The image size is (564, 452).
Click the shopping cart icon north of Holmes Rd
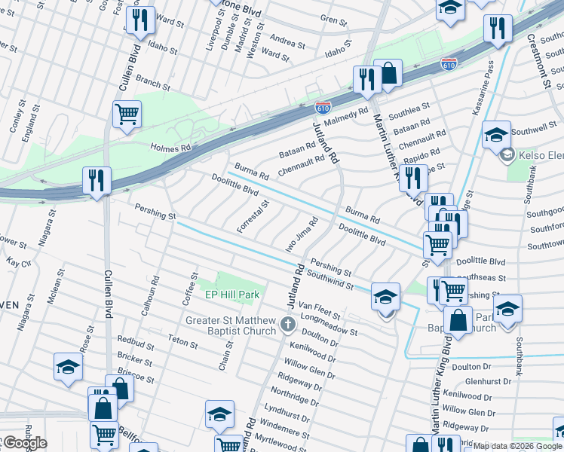pos(127,115)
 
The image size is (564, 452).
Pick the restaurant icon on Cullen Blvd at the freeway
pos(97,180)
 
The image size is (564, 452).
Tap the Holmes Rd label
pos(171,148)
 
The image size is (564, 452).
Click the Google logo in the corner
pos(24,443)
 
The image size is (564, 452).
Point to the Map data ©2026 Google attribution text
pos(516,446)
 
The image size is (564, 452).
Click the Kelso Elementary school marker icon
pos(507,156)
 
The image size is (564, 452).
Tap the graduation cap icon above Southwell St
pos(496,135)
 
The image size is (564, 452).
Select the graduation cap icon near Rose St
pos(68,367)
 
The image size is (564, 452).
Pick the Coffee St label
pos(188,289)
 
